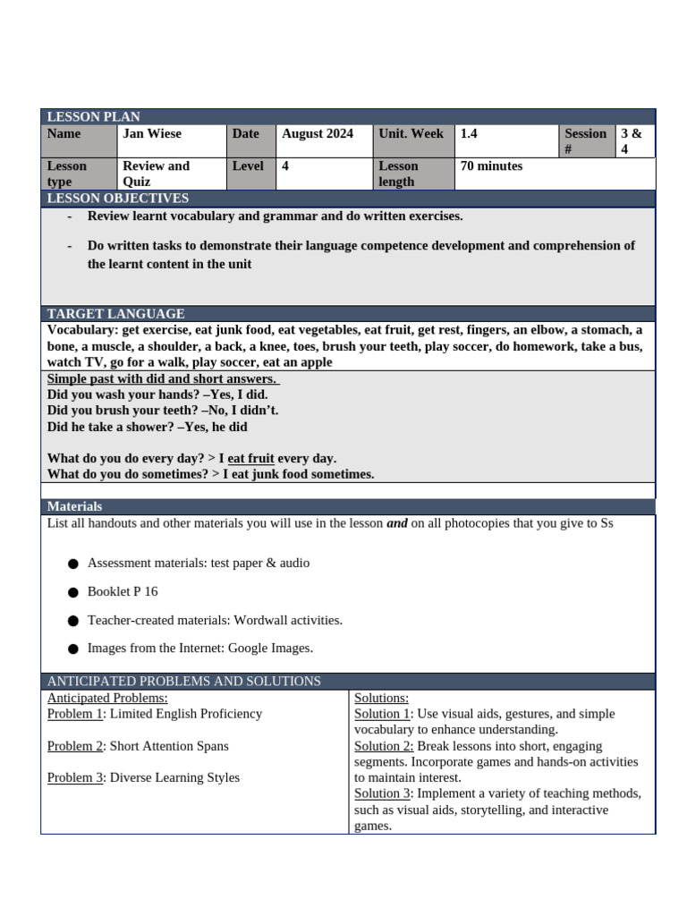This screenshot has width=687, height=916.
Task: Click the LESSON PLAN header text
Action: click(x=93, y=117)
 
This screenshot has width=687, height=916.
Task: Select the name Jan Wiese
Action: click(x=152, y=133)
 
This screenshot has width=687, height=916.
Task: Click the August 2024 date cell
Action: click(x=318, y=133)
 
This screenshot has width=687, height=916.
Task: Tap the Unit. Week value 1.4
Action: click(x=469, y=133)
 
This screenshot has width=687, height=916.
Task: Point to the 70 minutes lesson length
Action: click(x=491, y=165)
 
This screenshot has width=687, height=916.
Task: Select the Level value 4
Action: click(x=285, y=165)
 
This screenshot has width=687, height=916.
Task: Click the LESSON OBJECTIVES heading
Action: click(x=117, y=198)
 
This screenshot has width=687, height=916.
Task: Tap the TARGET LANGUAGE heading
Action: click(x=115, y=313)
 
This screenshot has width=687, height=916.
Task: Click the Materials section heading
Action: click(x=74, y=506)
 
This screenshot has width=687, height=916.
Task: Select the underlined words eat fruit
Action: click(x=250, y=458)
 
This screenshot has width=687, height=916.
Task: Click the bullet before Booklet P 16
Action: click(x=72, y=592)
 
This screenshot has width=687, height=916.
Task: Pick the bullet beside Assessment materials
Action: click(x=72, y=564)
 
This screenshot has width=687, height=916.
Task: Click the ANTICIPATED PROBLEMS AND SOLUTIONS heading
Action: click(x=183, y=681)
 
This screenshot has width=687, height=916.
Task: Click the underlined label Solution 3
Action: click(x=383, y=793)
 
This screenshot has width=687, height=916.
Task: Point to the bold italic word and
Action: click(x=396, y=523)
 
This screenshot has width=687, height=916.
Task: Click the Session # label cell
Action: click(x=585, y=141)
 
